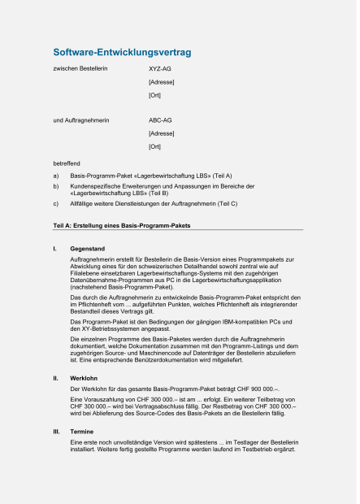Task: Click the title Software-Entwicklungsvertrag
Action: tap(121, 53)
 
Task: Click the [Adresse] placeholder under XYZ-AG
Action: tap(161, 83)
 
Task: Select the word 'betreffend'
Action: tap(67, 163)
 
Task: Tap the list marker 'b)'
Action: tap(56, 187)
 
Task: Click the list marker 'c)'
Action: tap(56, 205)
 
